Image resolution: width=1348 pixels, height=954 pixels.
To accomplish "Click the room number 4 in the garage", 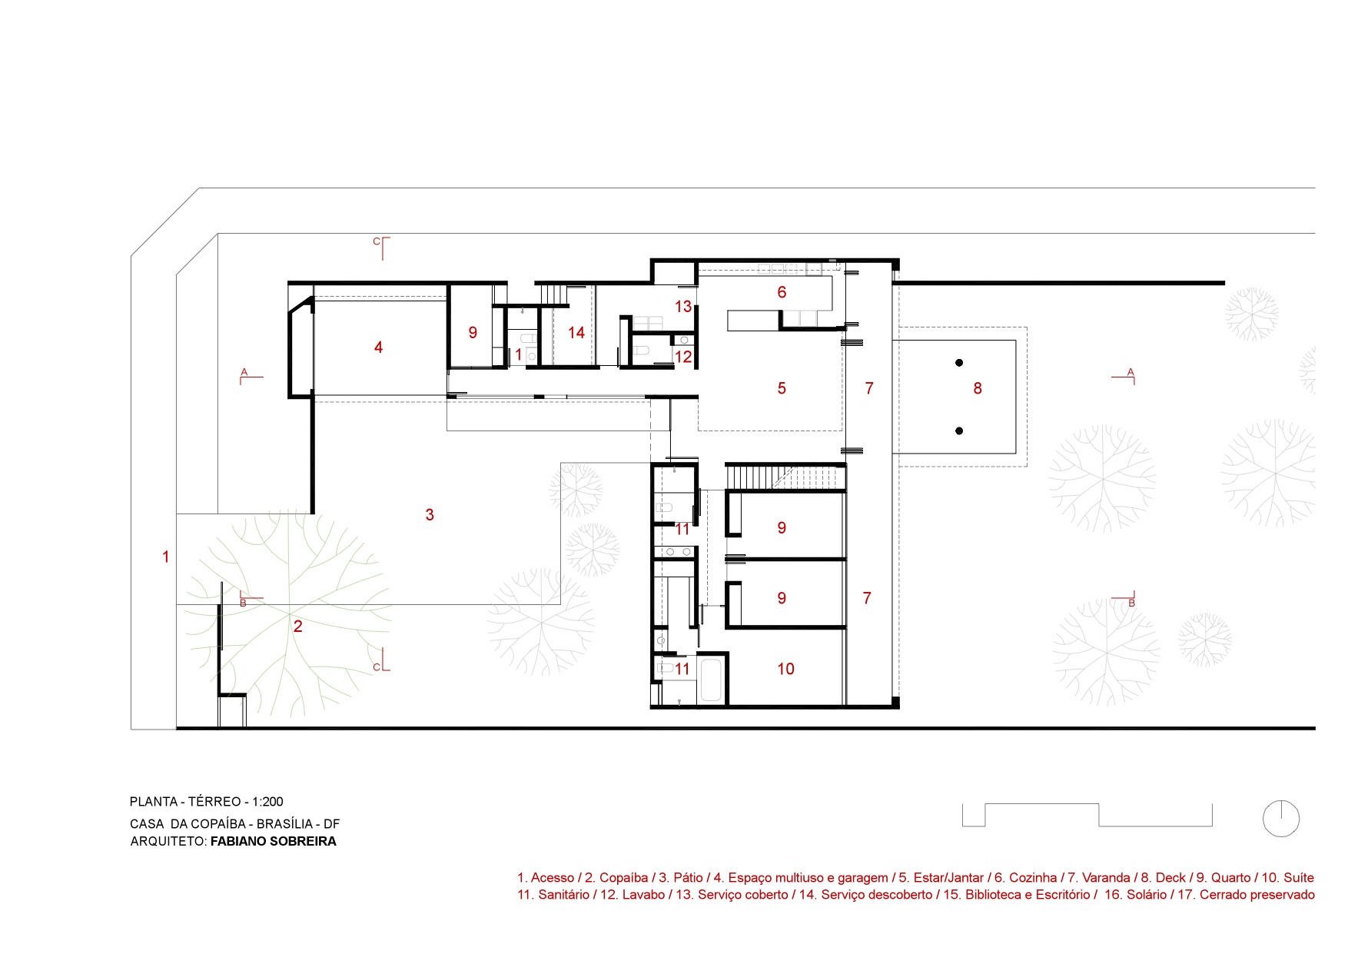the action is pyautogui.click(x=378, y=347).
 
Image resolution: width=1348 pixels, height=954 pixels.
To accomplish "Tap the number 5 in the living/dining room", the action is pyautogui.click(x=782, y=388).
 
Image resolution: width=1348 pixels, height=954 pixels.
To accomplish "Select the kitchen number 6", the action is pyautogui.click(x=782, y=292).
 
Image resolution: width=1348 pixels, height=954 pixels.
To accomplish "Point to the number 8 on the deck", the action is pyautogui.click(x=978, y=388).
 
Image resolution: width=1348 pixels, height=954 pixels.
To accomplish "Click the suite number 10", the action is pyautogui.click(x=785, y=669).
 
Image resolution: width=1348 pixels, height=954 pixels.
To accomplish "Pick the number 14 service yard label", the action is pyautogui.click(x=576, y=332).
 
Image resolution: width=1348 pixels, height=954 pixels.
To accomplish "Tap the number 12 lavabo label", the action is pyautogui.click(x=683, y=357).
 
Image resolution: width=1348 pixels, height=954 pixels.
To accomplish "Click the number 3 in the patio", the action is pyautogui.click(x=430, y=515).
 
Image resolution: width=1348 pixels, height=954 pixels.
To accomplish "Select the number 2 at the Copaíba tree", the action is pyautogui.click(x=298, y=627).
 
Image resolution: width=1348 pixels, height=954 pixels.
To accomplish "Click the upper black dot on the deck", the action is pyautogui.click(x=959, y=363).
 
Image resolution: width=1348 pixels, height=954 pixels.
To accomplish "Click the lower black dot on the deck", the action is pyautogui.click(x=959, y=431).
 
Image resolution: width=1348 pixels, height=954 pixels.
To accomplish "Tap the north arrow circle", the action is pyautogui.click(x=1281, y=819).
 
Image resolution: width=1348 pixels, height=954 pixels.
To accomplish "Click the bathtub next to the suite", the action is pyautogui.click(x=711, y=680).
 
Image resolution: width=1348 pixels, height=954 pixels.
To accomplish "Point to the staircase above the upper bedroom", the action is pyautogui.click(x=785, y=477).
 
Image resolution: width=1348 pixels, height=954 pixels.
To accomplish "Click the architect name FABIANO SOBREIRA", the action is pyautogui.click(x=274, y=841).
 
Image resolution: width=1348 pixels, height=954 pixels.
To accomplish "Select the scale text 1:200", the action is pyautogui.click(x=267, y=802).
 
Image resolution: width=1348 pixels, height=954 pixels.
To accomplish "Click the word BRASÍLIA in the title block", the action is pyautogui.click(x=285, y=824).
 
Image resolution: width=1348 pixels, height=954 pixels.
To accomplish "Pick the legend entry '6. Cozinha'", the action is pyautogui.click(x=1026, y=878).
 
